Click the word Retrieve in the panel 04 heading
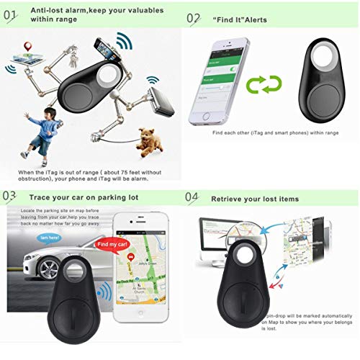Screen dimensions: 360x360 tap(229, 197)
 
